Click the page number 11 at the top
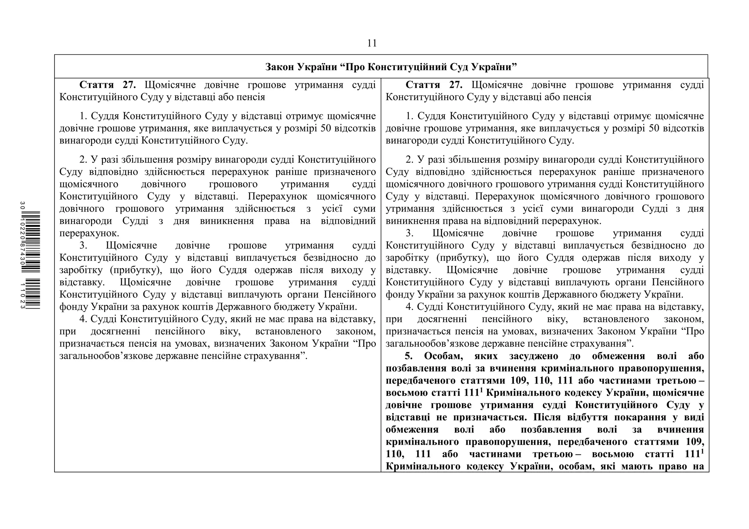click(372, 43)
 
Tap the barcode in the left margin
click(31, 256)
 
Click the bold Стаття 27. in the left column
click(107, 85)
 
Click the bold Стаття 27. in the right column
click(434, 85)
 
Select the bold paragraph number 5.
click(409, 356)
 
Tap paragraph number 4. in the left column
click(83, 319)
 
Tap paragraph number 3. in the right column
click(410, 233)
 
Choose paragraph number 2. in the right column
click(410, 160)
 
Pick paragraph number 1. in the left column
click(83, 116)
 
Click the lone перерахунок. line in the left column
click(89, 233)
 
